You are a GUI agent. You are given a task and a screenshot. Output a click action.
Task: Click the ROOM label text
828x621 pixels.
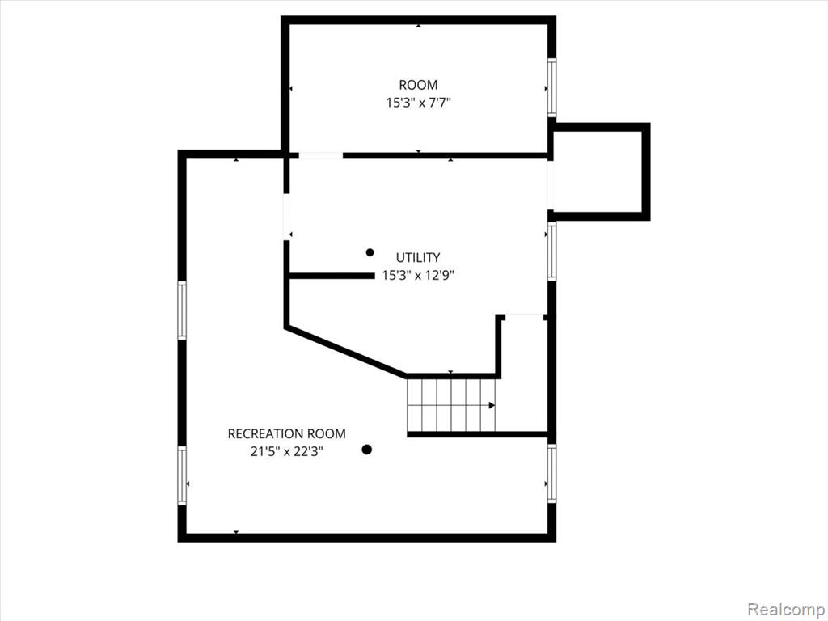pyautogui.click(x=418, y=84)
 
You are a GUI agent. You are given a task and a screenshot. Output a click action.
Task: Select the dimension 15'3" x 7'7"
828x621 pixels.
pyautogui.click(x=418, y=103)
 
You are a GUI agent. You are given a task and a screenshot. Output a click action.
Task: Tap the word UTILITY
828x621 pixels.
pyautogui.click(x=418, y=257)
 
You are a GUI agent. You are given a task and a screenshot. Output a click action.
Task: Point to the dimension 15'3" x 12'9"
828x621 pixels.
pyautogui.click(x=418, y=275)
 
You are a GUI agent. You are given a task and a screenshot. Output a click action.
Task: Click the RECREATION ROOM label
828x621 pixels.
pyautogui.click(x=287, y=433)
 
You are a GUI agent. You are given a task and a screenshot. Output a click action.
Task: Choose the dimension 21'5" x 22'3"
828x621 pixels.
pyautogui.click(x=287, y=451)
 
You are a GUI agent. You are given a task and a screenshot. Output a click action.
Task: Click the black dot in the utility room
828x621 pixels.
pyautogui.click(x=370, y=252)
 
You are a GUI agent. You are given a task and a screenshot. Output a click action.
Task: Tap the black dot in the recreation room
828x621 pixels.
pyautogui.click(x=366, y=450)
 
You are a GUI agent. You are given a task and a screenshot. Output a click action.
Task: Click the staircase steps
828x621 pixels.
pyautogui.click(x=451, y=405)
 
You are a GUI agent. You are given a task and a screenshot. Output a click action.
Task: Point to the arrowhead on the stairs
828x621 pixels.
pyautogui.click(x=492, y=406)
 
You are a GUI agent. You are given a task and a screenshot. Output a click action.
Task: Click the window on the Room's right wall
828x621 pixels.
pyautogui.click(x=551, y=87)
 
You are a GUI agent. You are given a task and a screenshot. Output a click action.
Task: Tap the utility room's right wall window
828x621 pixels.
pyautogui.click(x=551, y=251)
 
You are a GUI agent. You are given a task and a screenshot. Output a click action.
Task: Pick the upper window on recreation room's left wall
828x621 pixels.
pyautogui.click(x=182, y=310)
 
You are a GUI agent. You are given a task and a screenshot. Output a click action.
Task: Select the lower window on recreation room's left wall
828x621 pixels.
pyautogui.click(x=182, y=475)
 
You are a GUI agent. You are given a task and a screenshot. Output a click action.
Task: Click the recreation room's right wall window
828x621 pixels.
pyautogui.click(x=551, y=473)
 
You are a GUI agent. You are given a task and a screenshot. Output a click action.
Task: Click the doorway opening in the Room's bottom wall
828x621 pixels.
pyautogui.click(x=321, y=155)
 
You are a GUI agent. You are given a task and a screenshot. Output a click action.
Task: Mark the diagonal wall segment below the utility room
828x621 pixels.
pyautogui.click(x=346, y=352)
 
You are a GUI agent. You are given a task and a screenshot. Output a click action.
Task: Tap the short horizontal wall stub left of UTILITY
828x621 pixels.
pyautogui.click(x=332, y=276)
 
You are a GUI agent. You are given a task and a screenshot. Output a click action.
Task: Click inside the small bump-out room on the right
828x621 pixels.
pyautogui.click(x=598, y=171)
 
